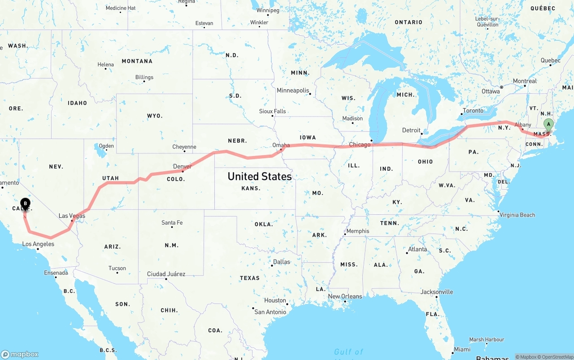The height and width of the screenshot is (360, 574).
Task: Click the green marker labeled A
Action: [548, 125]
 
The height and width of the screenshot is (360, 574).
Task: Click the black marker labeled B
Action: [26, 204]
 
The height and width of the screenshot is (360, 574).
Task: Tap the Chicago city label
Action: [360, 144]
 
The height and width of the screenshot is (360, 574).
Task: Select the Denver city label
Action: [183, 166]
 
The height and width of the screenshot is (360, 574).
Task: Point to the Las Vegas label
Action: [72, 216]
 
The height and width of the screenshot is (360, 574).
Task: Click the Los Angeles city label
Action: [38, 244]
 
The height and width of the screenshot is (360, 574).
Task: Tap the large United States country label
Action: [260, 176]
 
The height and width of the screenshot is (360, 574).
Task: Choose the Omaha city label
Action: [281, 145]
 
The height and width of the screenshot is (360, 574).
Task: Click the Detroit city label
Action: [411, 130]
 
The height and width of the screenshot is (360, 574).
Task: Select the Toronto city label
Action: [473, 110]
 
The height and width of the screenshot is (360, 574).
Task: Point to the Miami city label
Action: [462, 349]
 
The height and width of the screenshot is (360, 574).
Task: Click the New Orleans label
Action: [345, 296]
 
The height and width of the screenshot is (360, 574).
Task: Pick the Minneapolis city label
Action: [293, 90]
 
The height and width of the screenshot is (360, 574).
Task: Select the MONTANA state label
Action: [137, 61]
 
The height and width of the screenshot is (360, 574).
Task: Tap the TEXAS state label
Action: [249, 278]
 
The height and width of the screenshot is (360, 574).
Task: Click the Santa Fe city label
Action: [172, 222]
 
